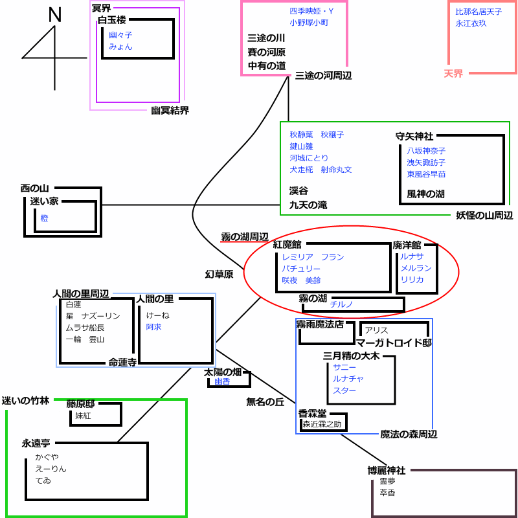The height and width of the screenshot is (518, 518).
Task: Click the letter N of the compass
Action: pyautogui.click(x=55, y=15)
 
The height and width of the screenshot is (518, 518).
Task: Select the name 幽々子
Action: pyautogui.click(x=120, y=35)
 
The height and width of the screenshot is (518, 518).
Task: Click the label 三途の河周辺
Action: pyautogui.click(x=323, y=76)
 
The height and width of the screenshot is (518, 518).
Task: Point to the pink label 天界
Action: pyautogui.click(x=453, y=74)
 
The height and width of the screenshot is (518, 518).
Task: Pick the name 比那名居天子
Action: pyautogui.click(x=479, y=12)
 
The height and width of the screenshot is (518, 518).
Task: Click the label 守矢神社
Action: pyautogui.click(x=414, y=136)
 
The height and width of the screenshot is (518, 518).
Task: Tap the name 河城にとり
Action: pyautogui.click(x=309, y=158)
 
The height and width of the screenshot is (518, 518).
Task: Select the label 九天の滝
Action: pyautogui.click(x=308, y=205)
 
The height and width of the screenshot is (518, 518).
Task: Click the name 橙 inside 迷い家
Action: pyautogui.click(x=44, y=218)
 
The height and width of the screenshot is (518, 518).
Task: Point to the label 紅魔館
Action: pyautogui.click(x=287, y=245)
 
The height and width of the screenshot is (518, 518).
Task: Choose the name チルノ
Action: pyautogui.click(x=341, y=304)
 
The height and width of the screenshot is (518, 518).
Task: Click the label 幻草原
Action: pyautogui.click(x=219, y=275)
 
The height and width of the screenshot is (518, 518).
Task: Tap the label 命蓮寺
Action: pyautogui.click(x=122, y=363)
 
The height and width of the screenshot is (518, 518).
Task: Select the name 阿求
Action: pyautogui.click(x=153, y=327)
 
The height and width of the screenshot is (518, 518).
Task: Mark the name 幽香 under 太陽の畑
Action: pyautogui.click(x=222, y=381)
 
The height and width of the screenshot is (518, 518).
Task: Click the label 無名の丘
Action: pyautogui.click(x=265, y=401)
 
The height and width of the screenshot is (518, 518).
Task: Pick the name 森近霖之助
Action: pyautogui.click(x=322, y=424)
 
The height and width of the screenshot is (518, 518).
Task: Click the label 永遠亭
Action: pyautogui.click(x=36, y=444)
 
